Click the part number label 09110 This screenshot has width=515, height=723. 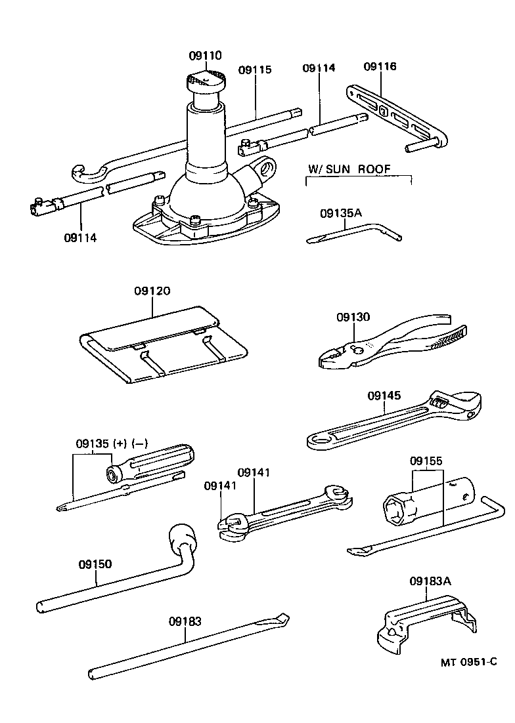[206, 56]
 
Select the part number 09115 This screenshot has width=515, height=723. [255, 70]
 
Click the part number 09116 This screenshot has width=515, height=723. [380, 67]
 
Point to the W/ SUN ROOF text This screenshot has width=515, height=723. [349, 169]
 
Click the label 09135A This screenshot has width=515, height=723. [341, 213]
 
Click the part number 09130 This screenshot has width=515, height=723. [353, 317]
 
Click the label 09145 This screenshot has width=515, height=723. [384, 396]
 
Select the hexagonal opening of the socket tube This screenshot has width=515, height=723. [397, 510]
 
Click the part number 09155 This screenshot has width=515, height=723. [427, 461]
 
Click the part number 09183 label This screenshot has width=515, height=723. [185, 621]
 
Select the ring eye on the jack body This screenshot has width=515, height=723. [268, 169]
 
